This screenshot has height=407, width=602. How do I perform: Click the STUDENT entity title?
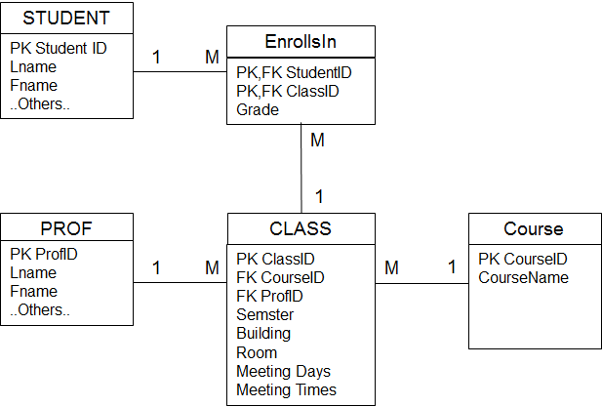(66, 18)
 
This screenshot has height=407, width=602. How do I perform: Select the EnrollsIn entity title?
(301, 41)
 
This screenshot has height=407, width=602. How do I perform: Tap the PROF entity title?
(66, 228)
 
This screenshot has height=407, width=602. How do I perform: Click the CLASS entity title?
(301, 228)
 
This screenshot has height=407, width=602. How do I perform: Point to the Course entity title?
(534, 228)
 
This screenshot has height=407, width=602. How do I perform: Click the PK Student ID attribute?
(59, 49)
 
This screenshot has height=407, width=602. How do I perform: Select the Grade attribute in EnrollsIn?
(258, 110)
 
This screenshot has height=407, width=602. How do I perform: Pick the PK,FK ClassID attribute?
(288, 92)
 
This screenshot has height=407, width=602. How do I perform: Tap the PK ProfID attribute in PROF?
(44, 254)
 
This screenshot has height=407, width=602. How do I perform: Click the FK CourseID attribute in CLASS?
(280, 277)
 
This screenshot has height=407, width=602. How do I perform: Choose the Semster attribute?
(265, 315)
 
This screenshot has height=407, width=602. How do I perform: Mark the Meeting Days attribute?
(283, 371)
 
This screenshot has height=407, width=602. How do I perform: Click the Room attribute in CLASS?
(257, 353)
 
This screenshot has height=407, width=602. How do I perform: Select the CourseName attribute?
(523, 277)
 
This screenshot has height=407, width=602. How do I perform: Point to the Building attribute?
(263, 334)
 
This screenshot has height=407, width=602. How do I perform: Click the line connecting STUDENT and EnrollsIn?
(181, 71)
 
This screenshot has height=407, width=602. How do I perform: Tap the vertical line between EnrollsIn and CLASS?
(301, 168)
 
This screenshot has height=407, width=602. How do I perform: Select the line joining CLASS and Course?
(421, 284)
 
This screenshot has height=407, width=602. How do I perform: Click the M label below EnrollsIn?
(317, 140)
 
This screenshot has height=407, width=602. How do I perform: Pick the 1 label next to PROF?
(156, 267)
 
